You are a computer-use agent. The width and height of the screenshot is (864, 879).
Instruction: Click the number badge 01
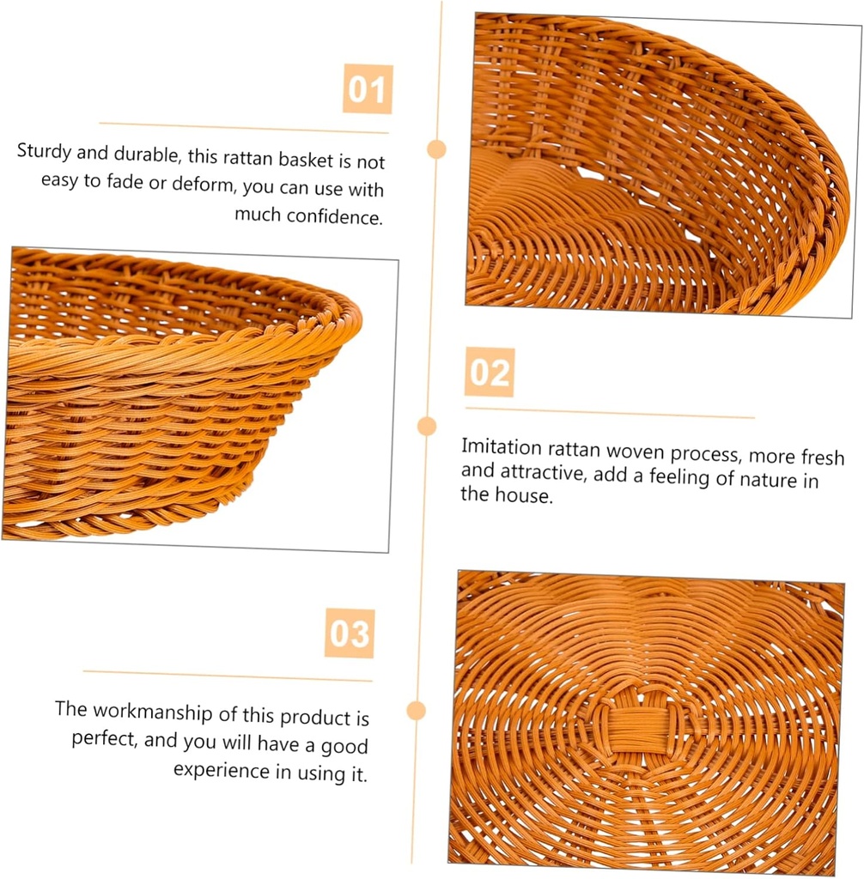pos(368,89)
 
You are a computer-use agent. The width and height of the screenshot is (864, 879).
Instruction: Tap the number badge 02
pos(490,373)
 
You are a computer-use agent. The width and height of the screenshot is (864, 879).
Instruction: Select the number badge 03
pos(350,633)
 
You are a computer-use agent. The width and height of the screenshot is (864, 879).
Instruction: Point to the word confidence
pos(334,216)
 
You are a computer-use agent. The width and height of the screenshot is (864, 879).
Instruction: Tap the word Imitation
pos(502,448)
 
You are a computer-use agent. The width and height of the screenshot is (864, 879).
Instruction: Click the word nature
pos(770,479)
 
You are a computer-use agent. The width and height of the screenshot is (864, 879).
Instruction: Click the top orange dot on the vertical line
pos(437,149)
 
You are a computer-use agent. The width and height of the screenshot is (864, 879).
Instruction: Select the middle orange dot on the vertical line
pos(427,426)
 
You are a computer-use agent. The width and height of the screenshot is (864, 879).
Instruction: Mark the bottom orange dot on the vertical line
pos(417,710)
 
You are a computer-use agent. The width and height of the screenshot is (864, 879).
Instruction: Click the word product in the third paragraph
pos(317,717)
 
